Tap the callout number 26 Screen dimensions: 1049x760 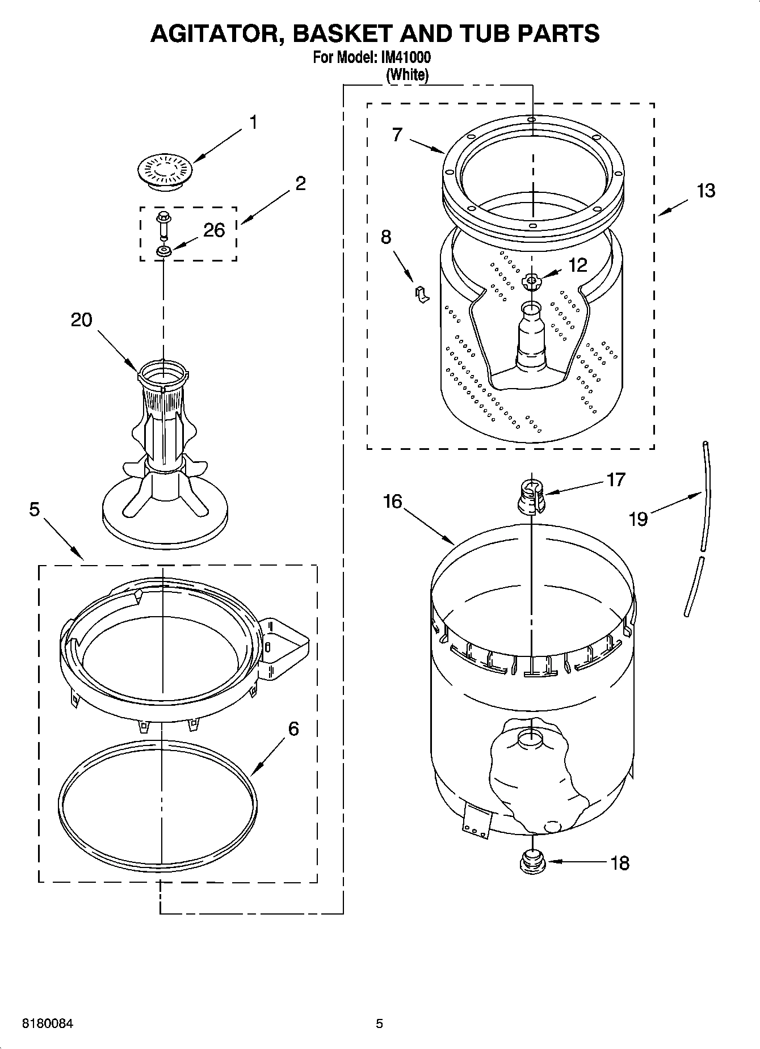click(x=214, y=230)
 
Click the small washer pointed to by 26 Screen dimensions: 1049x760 click(x=164, y=251)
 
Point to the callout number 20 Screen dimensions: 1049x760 click(x=81, y=320)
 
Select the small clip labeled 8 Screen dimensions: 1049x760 click(x=422, y=294)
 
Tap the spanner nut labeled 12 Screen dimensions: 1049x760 click(x=532, y=281)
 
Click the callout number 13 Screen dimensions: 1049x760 click(x=706, y=191)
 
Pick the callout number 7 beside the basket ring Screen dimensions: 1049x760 click(x=397, y=135)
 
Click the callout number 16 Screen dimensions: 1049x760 click(x=392, y=502)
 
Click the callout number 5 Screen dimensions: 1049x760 click(x=34, y=510)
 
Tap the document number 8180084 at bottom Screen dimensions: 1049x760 click(x=48, y=1023)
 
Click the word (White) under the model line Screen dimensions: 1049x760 click(x=407, y=74)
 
